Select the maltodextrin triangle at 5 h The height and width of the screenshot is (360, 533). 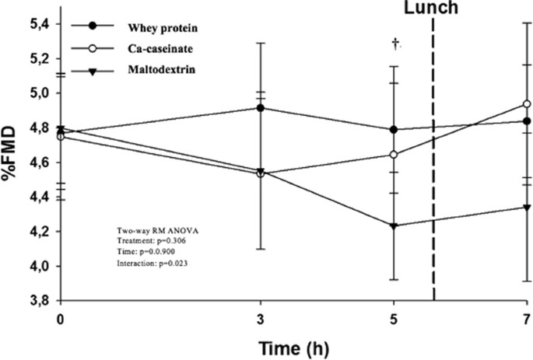coord(394,226)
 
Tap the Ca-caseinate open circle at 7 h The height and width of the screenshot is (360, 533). coord(527,103)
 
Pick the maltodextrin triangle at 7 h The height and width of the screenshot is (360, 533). coord(527,207)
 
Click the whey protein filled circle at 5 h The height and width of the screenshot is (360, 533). coord(394,130)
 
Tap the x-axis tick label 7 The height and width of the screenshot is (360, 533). coord(527,318)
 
